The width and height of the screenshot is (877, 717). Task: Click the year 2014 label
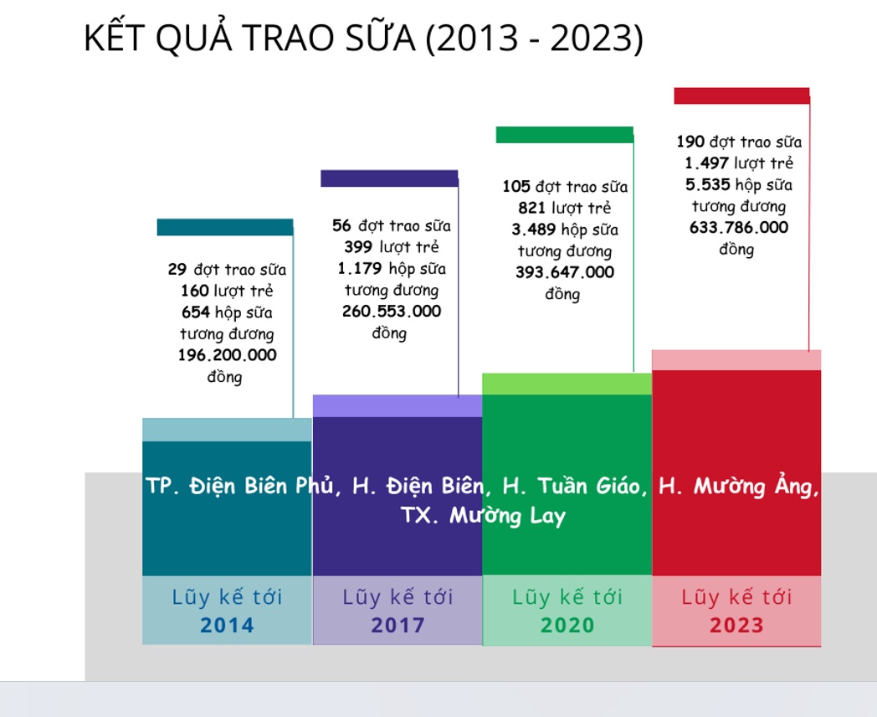coord(227,625)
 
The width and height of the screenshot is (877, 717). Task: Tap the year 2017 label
coord(397,625)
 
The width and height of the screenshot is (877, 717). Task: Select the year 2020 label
coord(567,625)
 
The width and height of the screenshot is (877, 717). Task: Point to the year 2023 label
coord(736,625)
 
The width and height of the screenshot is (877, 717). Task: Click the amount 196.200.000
coord(227,355)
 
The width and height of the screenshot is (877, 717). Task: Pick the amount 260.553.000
coord(392,312)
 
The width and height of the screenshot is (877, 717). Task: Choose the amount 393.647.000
coord(565,272)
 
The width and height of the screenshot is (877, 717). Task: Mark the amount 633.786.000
coord(739,227)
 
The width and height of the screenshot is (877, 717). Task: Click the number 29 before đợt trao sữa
coord(177,269)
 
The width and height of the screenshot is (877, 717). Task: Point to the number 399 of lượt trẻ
coord(358,247)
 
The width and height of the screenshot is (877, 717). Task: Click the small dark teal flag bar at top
coord(225,227)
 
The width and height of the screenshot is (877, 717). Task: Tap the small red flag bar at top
coord(741,95)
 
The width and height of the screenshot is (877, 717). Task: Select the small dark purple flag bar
coord(389,178)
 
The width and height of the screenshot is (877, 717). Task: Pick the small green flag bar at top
coord(564,135)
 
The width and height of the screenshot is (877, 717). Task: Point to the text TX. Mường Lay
coord(483,515)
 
